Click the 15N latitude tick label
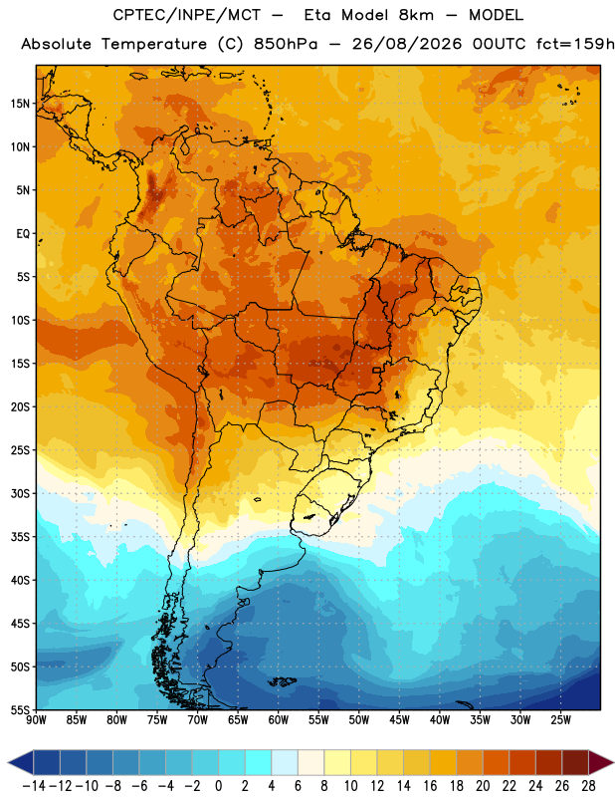coord(20,104)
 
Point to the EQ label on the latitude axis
coord(23,234)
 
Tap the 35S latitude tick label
coord(20,537)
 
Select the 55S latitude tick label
coord(20,709)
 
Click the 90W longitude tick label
coord(36,720)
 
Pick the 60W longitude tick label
coord(279,720)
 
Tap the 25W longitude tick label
coord(560,720)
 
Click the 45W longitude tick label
coord(399,720)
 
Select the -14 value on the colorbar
coord(35,786)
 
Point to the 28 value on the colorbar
coord(588,786)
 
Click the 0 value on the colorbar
coord(219,786)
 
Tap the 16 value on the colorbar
coord(430,786)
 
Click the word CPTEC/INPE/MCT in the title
coord(187,15)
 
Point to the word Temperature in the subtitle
coord(154,44)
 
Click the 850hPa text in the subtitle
coord(286,44)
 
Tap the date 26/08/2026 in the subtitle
coord(407,44)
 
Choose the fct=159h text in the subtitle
coord(575,44)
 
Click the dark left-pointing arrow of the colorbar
coord(20,762)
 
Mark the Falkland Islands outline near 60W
coord(282,681)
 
